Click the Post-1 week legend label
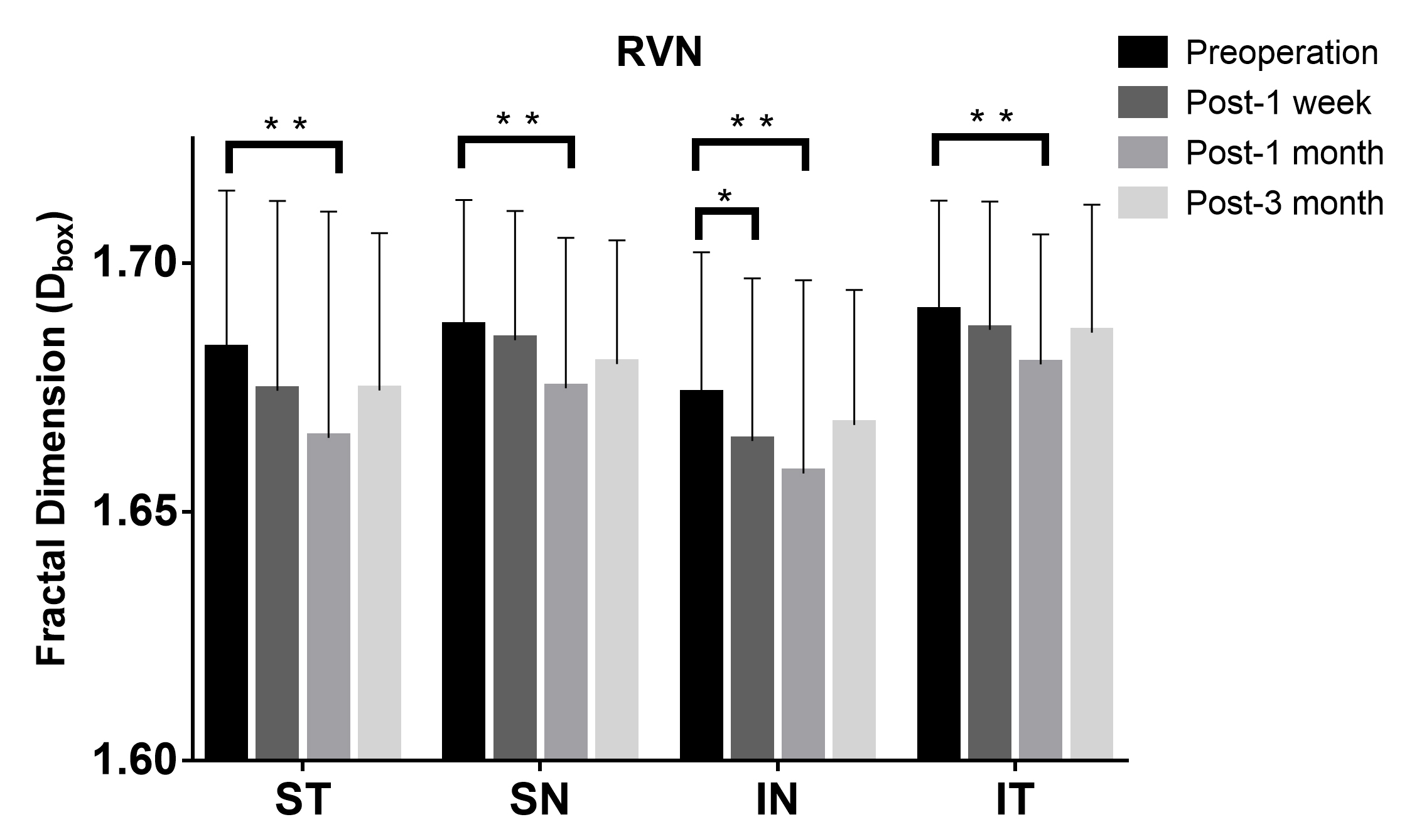click(1278, 103)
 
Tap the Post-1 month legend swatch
click(1142, 153)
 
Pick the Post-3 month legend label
click(1285, 203)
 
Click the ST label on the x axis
click(303, 799)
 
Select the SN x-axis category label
click(540, 799)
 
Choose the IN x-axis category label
click(777, 799)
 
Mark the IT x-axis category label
click(1015, 799)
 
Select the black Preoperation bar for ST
click(226, 553)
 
